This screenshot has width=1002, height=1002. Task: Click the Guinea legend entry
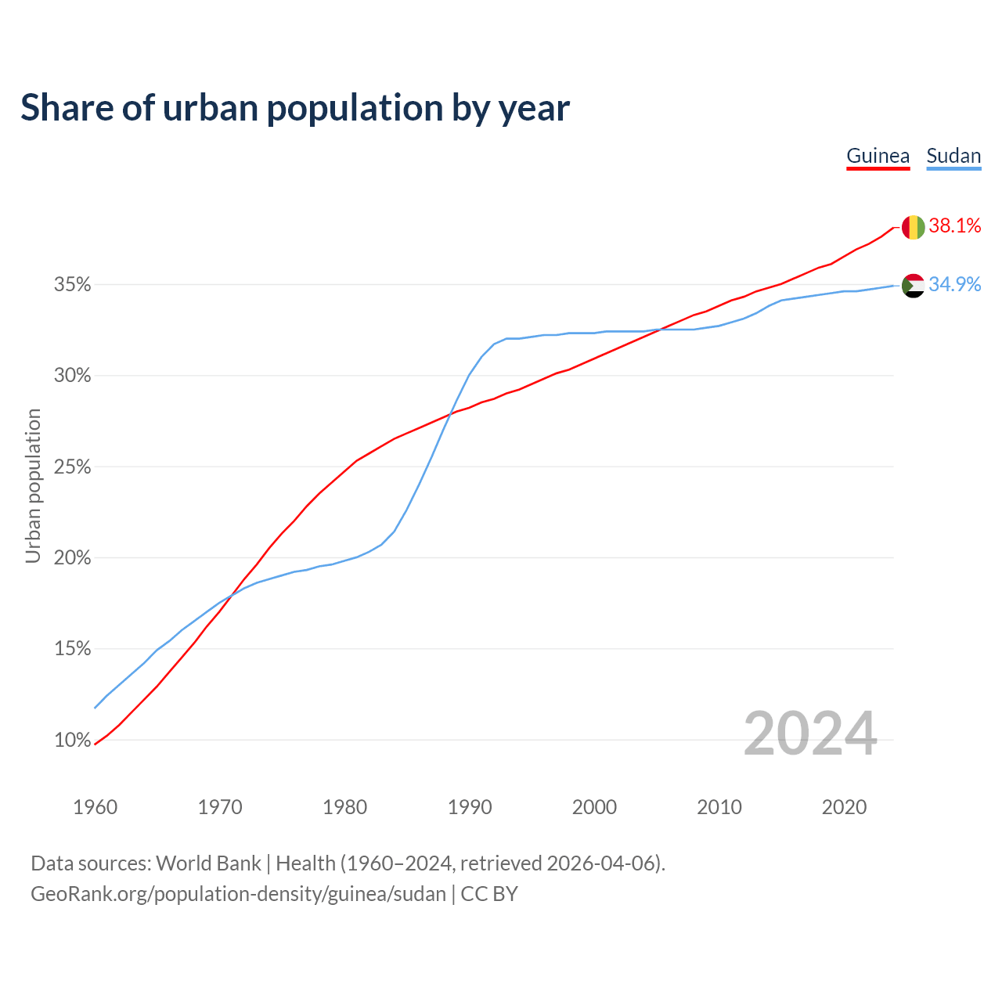tap(878, 156)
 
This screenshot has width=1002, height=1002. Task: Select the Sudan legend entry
tap(953, 156)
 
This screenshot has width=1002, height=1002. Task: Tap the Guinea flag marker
tap(914, 227)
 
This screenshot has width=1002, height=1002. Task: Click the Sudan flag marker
tap(914, 286)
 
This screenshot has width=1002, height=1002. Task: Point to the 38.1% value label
tap(955, 226)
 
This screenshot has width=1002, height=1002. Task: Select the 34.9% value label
tap(955, 284)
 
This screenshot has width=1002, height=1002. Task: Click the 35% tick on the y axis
tap(73, 285)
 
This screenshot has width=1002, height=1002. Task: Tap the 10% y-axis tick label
tap(73, 741)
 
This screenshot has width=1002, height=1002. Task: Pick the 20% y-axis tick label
tap(73, 558)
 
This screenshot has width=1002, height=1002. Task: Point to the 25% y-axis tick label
tap(73, 467)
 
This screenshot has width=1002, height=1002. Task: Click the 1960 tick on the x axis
tap(95, 807)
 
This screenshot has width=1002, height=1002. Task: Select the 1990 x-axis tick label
tap(470, 807)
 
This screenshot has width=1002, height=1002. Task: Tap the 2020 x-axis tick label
tap(844, 807)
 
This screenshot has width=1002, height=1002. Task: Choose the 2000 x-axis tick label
tap(594, 807)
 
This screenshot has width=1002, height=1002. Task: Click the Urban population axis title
tap(33, 485)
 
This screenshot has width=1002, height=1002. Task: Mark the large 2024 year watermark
tap(810, 733)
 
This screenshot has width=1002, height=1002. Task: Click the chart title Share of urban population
tap(295, 107)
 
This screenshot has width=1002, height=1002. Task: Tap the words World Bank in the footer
tap(208, 863)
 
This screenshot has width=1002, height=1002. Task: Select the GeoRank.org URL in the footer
tap(238, 894)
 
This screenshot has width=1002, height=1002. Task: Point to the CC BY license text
tap(489, 894)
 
